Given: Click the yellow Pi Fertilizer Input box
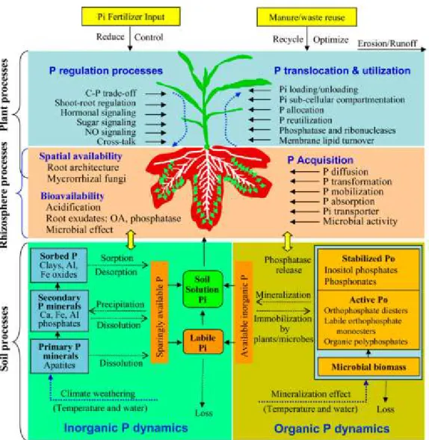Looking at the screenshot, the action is (131, 16).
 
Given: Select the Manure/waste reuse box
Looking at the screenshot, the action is (307, 17).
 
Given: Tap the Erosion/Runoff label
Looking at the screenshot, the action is (387, 43).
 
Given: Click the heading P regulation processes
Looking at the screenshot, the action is (106, 71).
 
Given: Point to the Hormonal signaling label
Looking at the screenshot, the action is (98, 113).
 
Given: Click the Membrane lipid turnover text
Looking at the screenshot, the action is (327, 140).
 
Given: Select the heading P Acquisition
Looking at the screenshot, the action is (321, 160).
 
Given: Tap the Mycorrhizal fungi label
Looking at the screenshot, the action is (87, 179).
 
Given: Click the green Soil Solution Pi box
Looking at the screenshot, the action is (203, 289).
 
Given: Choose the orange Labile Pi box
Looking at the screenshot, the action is (203, 342).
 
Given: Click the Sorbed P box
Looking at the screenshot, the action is (59, 265).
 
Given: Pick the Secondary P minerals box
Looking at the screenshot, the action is (59, 311).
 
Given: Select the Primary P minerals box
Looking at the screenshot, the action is (60, 356).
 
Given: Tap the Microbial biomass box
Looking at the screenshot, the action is (368, 367).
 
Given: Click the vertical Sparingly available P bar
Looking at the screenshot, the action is (159, 312).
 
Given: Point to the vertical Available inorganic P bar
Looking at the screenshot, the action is (244, 312).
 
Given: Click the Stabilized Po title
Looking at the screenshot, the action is (368, 258).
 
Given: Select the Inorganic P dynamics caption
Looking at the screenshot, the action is (126, 428).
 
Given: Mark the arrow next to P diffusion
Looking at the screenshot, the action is (305, 172).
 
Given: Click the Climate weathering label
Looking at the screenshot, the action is (98, 394).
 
